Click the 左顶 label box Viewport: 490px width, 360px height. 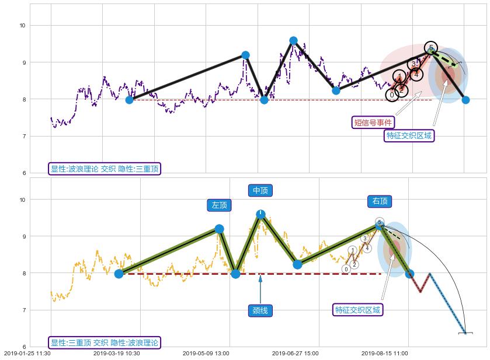pyautogui.click(x=220, y=205)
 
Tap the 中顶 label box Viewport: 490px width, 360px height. pyautogui.click(x=260, y=191)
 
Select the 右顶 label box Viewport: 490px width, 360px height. pyautogui.click(x=379, y=201)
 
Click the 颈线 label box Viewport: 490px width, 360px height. pyautogui.click(x=260, y=311)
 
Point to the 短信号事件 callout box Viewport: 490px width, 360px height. pyautogui.click(x=373, y=123)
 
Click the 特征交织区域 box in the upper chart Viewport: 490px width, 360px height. pyautogui.click(x=409, y=135)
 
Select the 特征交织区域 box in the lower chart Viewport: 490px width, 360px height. pyautogui.click(x=357, y=310)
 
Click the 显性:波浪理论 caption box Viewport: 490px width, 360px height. pyautogui.click(x=105, y=169)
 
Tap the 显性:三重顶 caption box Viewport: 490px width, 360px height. pyautogui.click(x=105, y=342)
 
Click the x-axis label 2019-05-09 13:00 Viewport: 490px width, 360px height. pyautogui.click(x=206, y=354)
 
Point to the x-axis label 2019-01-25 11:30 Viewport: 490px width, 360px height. pyautogui.click(x=27, y=354)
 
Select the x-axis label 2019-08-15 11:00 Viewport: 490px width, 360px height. pyautogui.click(x=384, y=354)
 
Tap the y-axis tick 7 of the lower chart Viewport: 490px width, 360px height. pyautogui.click(x=23, y=310)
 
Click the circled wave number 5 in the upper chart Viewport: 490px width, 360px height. pyautogui.click(x=431, y=48)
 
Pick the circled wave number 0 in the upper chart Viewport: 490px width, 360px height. pyautogui.click(x=392, y=95)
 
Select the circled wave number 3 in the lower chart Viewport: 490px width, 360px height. pyautogui.click(x=364, y=238)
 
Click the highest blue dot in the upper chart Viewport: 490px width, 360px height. pyautogui.click(x=293, y=41)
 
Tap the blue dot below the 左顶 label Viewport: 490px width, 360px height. pyautogui.click(x=219, y=229)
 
